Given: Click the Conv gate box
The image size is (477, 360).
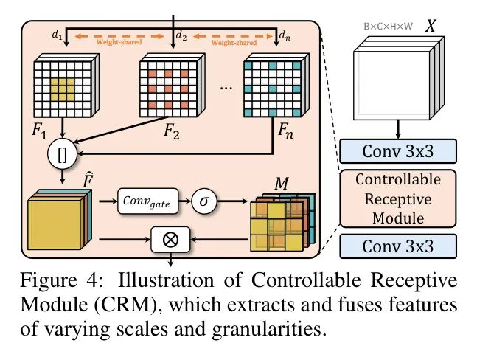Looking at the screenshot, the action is click(x=148, y=201).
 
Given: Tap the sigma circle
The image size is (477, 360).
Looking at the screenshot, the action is click(x=204, y=201).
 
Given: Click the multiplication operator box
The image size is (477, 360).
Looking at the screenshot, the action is click(x=170, y=240).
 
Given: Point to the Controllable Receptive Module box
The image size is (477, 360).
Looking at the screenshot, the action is click(x=398, y=198).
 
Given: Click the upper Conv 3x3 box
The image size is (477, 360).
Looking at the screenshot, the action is click(x=398, y=151).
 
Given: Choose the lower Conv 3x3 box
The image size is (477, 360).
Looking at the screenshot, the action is click(x=398, y=246).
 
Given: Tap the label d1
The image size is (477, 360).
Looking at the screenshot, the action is click(x=58, y=35).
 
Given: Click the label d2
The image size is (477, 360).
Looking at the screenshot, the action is click(x=181, y=36).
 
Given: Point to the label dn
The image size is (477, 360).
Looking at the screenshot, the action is click(x=285, y=36).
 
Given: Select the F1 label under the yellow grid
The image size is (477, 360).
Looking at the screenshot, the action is click(x=40, y=131).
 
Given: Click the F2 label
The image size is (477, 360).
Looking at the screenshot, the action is click(x=172, y=132).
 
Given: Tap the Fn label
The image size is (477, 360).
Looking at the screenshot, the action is click(x=286, y=131).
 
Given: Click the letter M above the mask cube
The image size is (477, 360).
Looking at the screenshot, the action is click(x=281, y=184).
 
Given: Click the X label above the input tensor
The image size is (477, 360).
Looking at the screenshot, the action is click(x=431, y=26).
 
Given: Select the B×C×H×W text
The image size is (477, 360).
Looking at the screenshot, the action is click(x=389, y=27).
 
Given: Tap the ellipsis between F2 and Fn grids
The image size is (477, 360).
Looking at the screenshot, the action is click(x=226, y=88).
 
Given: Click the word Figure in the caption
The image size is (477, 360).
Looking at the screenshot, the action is click(x=49, y=281).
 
